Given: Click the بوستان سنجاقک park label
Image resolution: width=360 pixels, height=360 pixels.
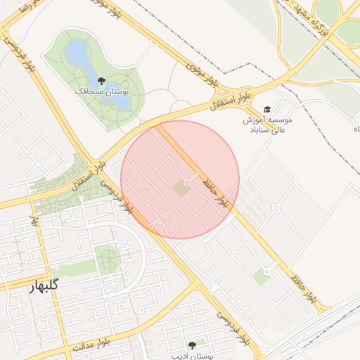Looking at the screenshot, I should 102,91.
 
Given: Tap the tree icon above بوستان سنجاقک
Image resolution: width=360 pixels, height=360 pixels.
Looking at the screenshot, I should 102,80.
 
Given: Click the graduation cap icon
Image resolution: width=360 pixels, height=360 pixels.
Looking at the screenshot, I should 266,109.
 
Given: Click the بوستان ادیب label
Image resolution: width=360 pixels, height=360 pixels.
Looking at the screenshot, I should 192,354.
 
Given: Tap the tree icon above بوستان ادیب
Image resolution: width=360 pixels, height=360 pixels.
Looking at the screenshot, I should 192,345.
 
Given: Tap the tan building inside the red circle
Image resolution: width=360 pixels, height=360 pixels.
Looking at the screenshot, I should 181,188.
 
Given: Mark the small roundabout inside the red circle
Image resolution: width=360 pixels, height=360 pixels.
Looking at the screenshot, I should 186,182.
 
